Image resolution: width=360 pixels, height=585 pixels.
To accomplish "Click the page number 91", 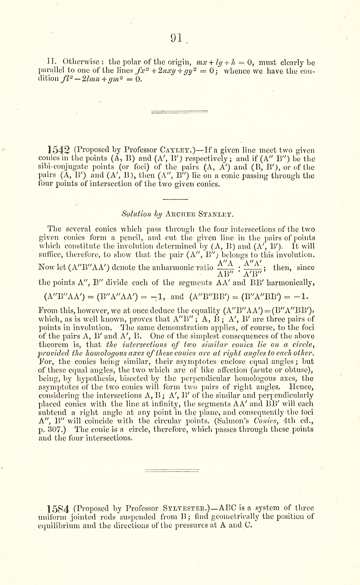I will click(x=177, y=37).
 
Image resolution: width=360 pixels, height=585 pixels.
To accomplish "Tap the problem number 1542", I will click(x=58, y=150).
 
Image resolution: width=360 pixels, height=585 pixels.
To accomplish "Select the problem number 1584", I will click(x=58, y=508).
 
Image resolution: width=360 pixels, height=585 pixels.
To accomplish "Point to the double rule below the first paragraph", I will click(x=174, y=112).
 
